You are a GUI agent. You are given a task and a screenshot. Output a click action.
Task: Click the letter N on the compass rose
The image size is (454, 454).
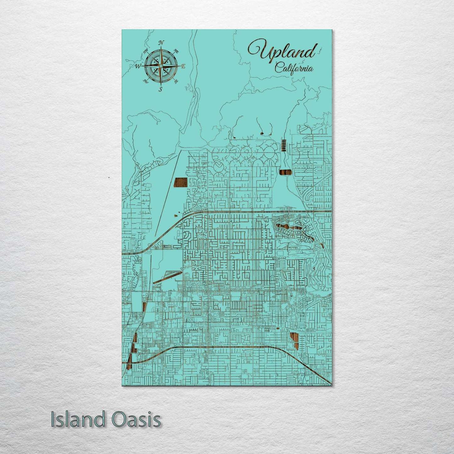pos(161,43)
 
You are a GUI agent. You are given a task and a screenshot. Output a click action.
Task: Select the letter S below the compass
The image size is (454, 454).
pos(160,89)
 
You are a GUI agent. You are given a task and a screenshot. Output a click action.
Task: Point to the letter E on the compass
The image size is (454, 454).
pos(183,66)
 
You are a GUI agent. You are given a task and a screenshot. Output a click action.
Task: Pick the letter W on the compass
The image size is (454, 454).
pos(138,66)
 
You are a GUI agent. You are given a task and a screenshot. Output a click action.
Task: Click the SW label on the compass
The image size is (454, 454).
pos(145,81)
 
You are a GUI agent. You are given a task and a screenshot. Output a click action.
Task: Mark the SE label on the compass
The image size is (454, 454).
pos(176,81)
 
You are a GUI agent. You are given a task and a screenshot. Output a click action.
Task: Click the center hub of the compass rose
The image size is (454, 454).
pos(161,66)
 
